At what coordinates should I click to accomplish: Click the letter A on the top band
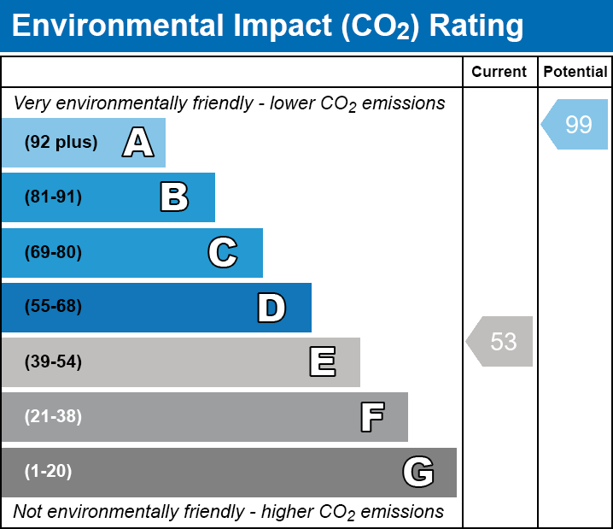pos(137,143)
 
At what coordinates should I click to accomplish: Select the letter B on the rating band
pos(174,197)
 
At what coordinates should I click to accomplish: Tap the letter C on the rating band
pos(222,253)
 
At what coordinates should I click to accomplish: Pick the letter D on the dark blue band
pos(271,308)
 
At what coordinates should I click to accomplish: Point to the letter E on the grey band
pos(322,362)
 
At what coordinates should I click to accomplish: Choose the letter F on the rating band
pos(371,417)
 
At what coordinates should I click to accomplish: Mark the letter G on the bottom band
pos(418,472)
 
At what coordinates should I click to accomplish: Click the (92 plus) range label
pos(61,143)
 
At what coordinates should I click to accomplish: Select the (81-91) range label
pos(53,197)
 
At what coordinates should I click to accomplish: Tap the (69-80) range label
pos(53,253)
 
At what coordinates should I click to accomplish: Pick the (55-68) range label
pos(53,307)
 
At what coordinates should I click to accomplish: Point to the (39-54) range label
pos(53,362)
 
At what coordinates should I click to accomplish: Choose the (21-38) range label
pos(53,417)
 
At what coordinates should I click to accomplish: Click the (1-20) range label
pos(49,472)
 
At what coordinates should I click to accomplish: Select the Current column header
pos(499,73)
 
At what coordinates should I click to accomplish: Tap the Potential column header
pos(575,73)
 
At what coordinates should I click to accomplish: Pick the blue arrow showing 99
pos(575,125)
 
